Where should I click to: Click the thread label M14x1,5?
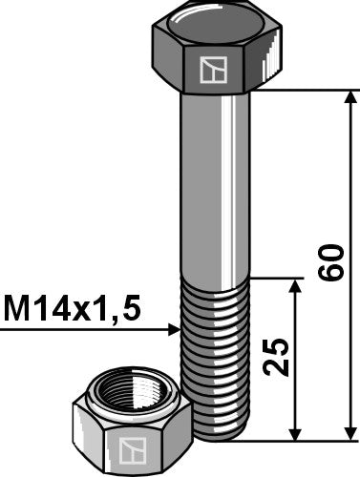click(x=73, y=308)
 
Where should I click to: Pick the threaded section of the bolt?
click(x=215, y=353)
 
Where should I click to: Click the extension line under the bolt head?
click(x=306, y=91)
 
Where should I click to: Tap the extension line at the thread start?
click(x=277, y=280)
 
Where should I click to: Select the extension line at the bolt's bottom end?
click(x=286, y=442)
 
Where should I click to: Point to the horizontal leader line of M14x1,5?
click(x=86, y=330)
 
